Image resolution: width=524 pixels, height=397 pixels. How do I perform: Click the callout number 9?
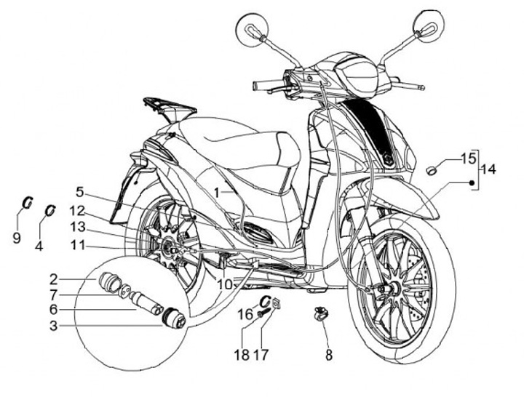click(x=17, y=238)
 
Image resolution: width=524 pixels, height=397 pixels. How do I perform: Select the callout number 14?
click(x=487, y=169)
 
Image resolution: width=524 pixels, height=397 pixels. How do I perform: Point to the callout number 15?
click(x=467, y=157)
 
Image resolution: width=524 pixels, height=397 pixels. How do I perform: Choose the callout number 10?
click(x=225, y=283)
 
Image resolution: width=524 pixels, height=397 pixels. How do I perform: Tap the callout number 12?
click(x=77, y=211)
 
